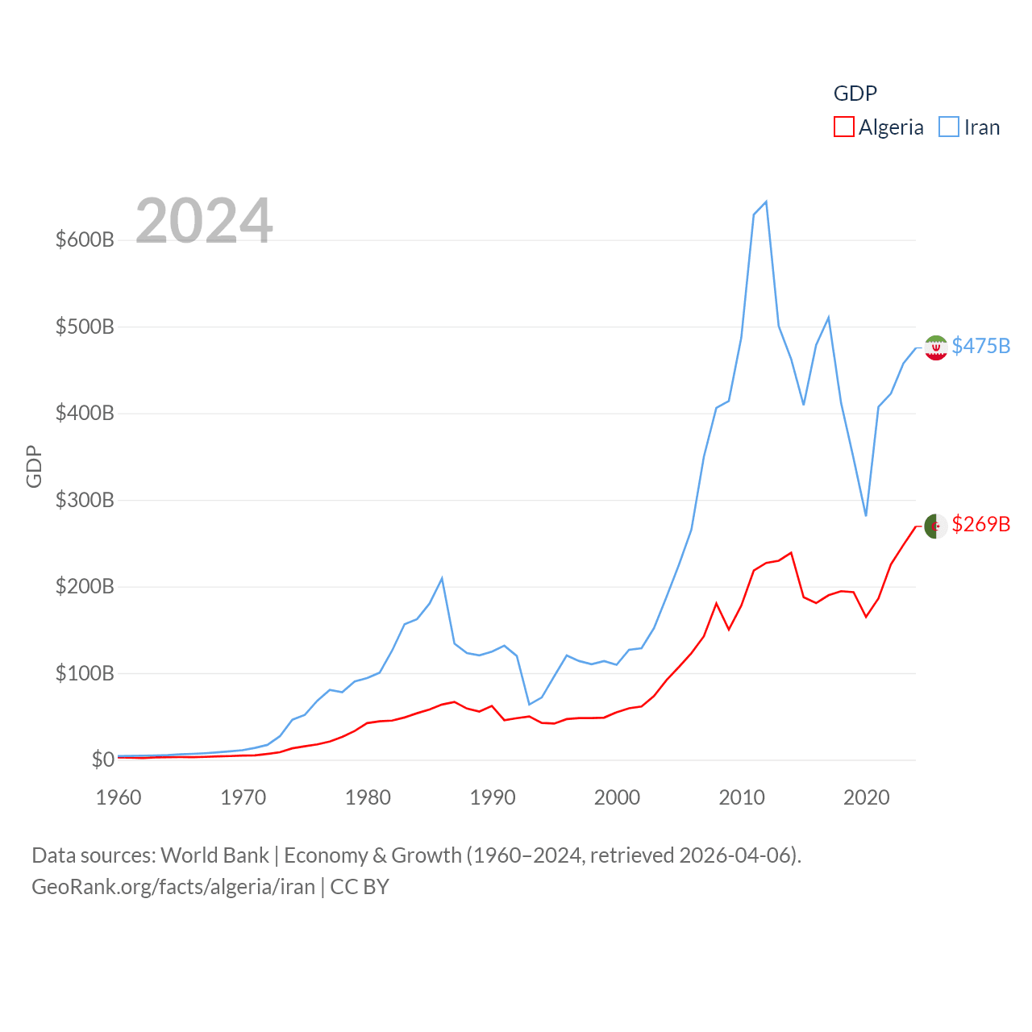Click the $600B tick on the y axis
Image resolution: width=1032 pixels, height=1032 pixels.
pyautogui.click(x=85, y=239)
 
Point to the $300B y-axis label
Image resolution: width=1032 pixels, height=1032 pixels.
pyautogui.click(x=85, y=500)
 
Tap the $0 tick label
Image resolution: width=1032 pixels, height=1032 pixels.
pyautogui.click(x=102, y=759)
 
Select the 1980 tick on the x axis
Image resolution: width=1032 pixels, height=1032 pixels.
pyautogui.click(x=368, y=797)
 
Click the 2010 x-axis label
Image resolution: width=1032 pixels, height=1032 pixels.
pyautogui.click(x=742, y=797)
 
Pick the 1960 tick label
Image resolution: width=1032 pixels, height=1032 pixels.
pyautogui.click(x=119, y=797)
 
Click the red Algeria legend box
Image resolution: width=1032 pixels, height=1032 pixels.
pyautogui.click(x=843, y=127)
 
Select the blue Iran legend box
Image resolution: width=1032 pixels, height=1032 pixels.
pyautogui.click(x=949, y=127)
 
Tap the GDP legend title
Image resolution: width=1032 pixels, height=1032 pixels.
pyautogui.click(x=855, y=94)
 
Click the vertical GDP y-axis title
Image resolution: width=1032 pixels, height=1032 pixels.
pyautogui.click(x=34, y=466)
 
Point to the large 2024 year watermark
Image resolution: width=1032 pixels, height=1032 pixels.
pyautogui.click(x=204, y=221)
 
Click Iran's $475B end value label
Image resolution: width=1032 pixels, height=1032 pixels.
pyautogui.click(x=980, y=346)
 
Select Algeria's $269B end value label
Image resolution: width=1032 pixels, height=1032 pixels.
pyautogui.click(x=980, y=524)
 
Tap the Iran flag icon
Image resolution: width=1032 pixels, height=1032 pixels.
pyautogui.click(x=935, y=347)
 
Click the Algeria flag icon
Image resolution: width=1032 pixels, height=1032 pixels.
pyautogui.click(x=935, y=526)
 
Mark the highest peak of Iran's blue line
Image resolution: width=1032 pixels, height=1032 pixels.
pyautogui.click(x=766, y=202)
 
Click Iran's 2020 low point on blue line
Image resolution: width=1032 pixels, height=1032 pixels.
pyautogui.click(x=866, y=515)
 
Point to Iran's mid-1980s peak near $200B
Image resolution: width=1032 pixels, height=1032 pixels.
pyautogui.click(x=442, y=578)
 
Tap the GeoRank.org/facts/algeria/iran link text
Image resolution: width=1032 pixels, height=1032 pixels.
pyautogui.click(x=173, y=887)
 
